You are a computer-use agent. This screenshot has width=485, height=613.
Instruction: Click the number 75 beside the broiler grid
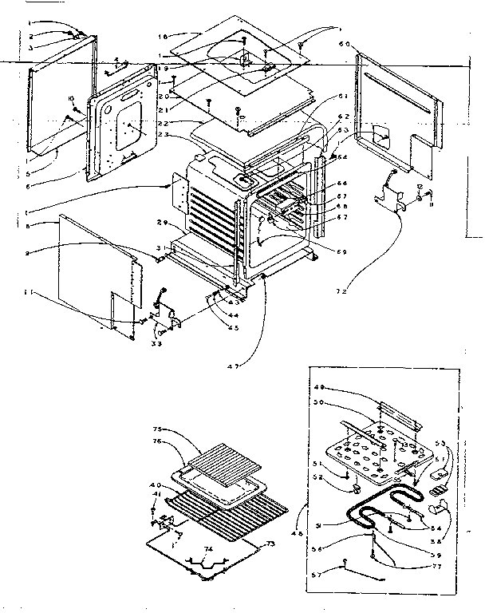coord(159,428)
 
